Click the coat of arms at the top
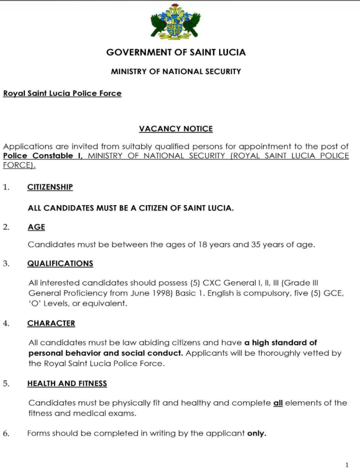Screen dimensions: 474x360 [176, 23]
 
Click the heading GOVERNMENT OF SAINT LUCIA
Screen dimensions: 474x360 [176, 52]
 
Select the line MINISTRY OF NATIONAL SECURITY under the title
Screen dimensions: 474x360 [176, 72]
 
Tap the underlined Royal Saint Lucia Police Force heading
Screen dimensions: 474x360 [62, 94]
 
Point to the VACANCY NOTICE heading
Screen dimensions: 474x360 [176, 129]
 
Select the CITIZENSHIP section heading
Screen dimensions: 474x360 [50, 187]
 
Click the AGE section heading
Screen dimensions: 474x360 [36, 227]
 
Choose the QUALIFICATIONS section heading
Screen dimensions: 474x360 [60, 263]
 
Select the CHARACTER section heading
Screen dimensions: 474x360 [51, 324]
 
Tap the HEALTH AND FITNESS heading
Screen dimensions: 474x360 [67, 384]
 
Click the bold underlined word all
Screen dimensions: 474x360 [278, 403]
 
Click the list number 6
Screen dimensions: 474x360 [6, 434]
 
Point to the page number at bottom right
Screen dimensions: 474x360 [347, 464]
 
